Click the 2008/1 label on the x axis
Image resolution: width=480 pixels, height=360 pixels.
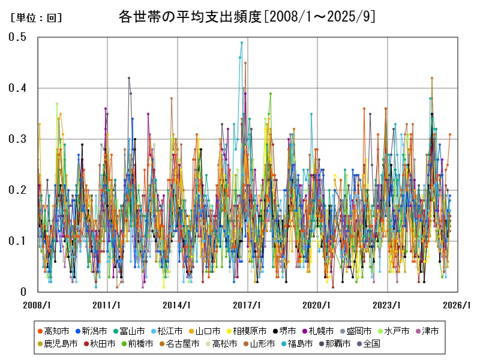point(38,305)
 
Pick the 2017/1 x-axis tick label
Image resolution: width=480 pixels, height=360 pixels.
point(248,305)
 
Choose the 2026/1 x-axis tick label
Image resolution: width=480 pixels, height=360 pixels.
point(458,305)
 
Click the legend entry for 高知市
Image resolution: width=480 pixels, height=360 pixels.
point(53,331)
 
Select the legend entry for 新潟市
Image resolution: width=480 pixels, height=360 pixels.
point(91,331)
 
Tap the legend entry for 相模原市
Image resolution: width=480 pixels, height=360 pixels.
point(246,331)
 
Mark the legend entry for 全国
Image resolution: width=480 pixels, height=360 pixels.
point(367,344)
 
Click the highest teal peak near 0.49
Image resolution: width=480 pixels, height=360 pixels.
point(242,43)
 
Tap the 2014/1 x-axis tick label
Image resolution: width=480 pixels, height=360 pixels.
point(178,305)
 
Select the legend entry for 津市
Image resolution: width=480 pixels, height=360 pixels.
point(428,331)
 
